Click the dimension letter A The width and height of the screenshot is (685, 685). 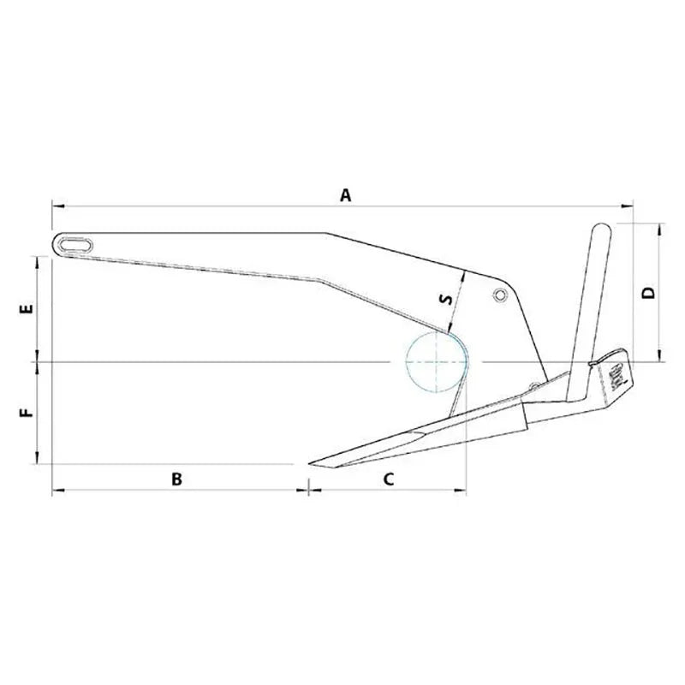[x=346, y=195]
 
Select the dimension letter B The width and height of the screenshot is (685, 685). [x=176, y=479]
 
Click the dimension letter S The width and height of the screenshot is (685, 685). [x=444, y=300]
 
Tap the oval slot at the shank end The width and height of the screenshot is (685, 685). [x=74, y=243]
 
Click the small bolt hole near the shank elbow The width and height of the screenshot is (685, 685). [x=499, y=295]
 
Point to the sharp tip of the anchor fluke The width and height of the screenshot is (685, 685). [x=312, y=463]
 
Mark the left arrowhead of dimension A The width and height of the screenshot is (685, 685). [x=55, y=205]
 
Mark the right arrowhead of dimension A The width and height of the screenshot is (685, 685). [x=631, y=205]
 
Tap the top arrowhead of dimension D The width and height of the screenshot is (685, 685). [x=659, y=226]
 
